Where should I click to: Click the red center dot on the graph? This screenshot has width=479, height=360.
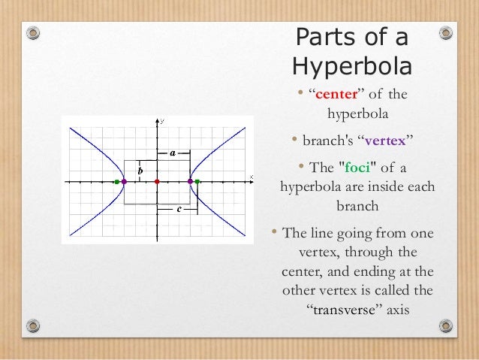tap(157, 182)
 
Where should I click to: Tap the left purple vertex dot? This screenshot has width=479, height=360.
tap(124, 182)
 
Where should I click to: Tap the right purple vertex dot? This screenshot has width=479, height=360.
tap(190, 182)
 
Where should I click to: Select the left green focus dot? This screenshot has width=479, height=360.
tap(116, 182)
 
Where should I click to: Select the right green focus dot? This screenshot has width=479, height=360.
tap(197, 182)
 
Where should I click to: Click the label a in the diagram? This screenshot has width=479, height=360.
tap(173, 153)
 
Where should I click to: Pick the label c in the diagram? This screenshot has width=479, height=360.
tap(178, 210)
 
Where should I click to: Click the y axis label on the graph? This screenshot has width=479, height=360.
tap(162, 121)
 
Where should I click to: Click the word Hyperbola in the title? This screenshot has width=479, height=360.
tap(351, 67)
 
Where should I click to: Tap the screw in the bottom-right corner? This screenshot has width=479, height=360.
tap(446, 326)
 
